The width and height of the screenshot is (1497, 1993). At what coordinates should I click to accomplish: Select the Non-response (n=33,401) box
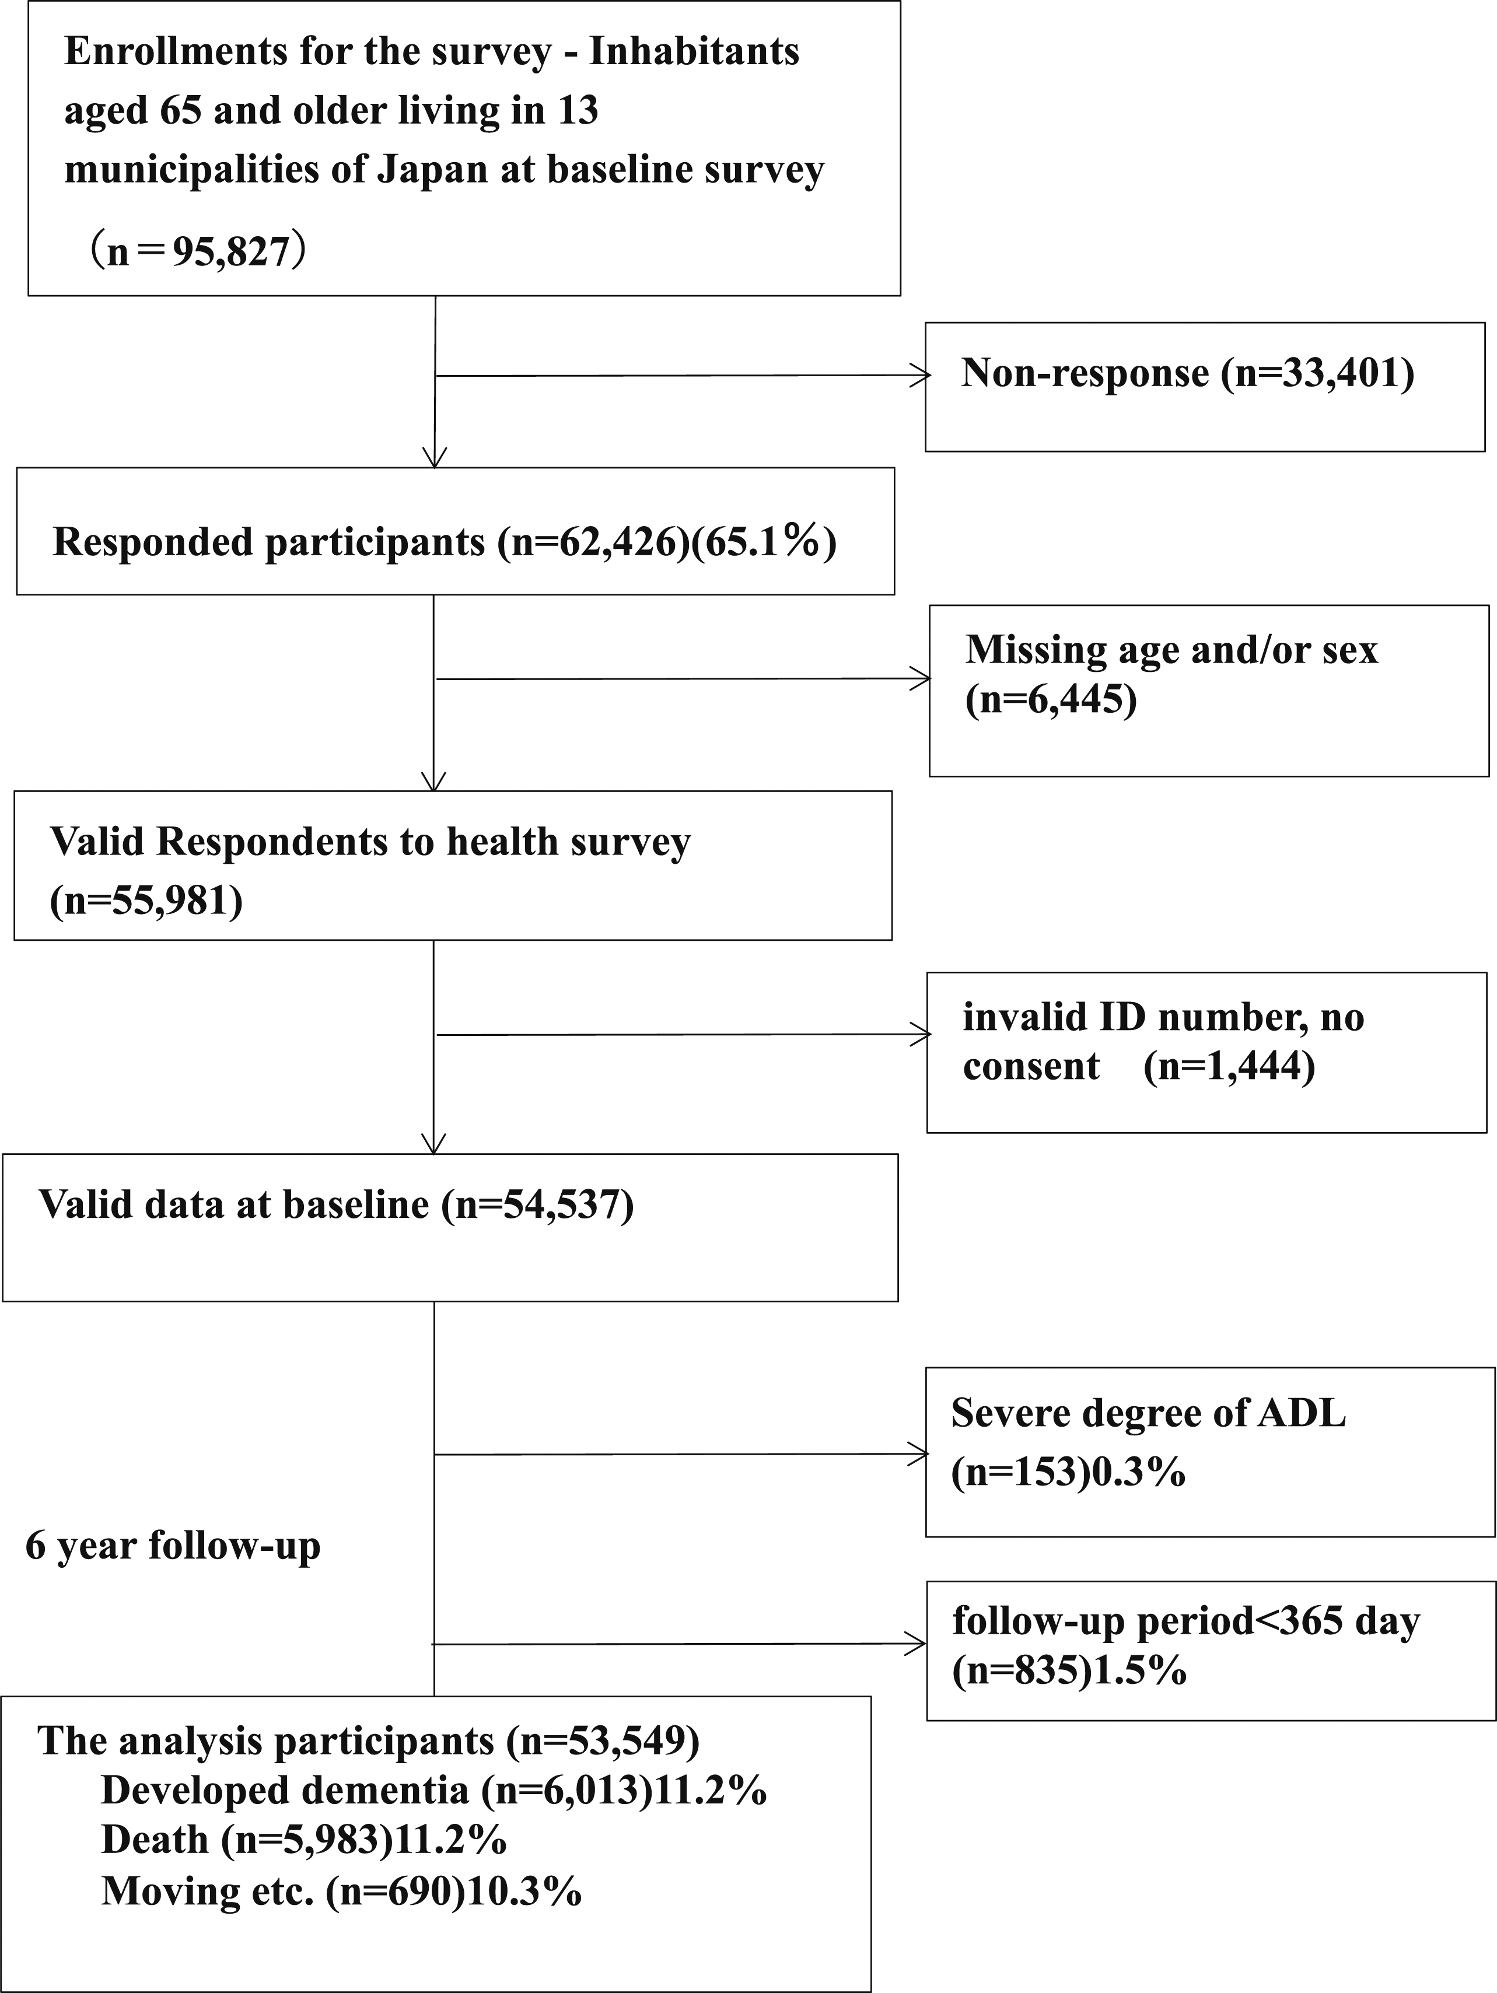[x=1204, y=387]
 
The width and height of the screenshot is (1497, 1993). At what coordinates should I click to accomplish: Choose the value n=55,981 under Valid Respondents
[x=146, y=899]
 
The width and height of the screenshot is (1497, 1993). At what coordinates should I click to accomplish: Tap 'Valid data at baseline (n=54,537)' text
[x=336, y=1204]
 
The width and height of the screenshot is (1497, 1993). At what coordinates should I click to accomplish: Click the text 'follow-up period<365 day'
[x=1186, y=1621]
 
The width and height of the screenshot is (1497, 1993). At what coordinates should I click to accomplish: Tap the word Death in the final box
[x=155, y=1839]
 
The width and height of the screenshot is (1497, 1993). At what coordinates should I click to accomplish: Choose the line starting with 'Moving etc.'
[x=341, y=1891]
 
